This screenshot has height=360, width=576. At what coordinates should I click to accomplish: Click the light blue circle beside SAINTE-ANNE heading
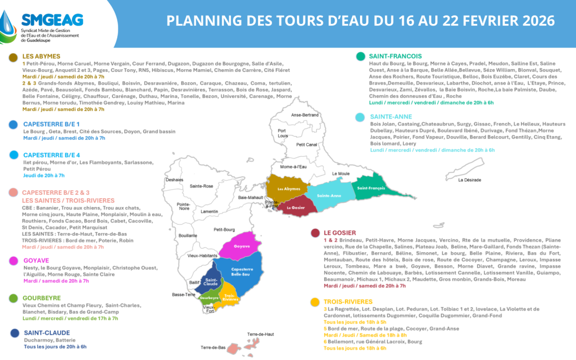pyautogui.click(x=360, y=117)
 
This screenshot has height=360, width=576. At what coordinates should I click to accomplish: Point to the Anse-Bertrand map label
pyautogui.click(x=305, y=115)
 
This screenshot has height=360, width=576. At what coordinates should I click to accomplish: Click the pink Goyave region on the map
pyautogui.click(x=242, y=247)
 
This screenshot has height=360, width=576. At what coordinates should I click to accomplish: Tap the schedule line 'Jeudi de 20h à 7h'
pyautogui.click(x=44, y=175)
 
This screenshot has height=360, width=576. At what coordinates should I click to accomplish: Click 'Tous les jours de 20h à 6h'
pyautogui.click(x=55, y=347)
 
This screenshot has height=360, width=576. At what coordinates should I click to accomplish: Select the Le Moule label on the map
pyautogui.click(x=340, y=173)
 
